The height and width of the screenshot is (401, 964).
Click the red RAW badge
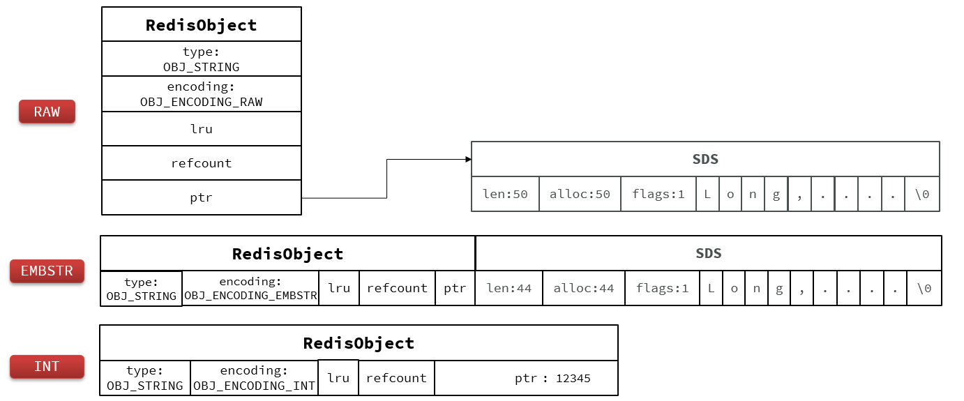coord(47,112)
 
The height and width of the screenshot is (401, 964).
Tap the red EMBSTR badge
coord(47,271)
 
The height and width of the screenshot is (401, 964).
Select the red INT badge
coord(47,367)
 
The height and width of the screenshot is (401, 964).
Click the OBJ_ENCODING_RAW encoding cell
coord(202,94)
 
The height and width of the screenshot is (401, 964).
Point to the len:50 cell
coord(505,194)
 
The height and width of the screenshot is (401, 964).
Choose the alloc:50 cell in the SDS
coord(580,194)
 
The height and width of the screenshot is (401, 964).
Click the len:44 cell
coord(509,288)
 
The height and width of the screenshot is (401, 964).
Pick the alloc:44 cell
coord(584,288)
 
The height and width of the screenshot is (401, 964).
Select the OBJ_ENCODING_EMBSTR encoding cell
coord(250,288)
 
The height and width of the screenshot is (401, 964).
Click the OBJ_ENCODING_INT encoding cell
coord(254,378)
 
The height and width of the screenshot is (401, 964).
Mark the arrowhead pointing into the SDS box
coord(468,160)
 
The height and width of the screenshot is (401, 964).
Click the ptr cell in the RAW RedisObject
coord(202,198)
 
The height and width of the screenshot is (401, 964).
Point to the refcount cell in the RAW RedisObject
coord(202,163)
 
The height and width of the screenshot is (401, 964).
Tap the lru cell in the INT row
coord(338,378)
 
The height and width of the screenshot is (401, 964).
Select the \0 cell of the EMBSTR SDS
coord(924,288)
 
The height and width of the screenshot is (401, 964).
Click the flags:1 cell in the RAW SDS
coord(658,194)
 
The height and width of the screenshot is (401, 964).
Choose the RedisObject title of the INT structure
coord(359,343)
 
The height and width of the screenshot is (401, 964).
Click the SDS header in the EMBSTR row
coord(708,253)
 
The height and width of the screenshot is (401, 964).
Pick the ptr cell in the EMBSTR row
coord(455,288)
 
